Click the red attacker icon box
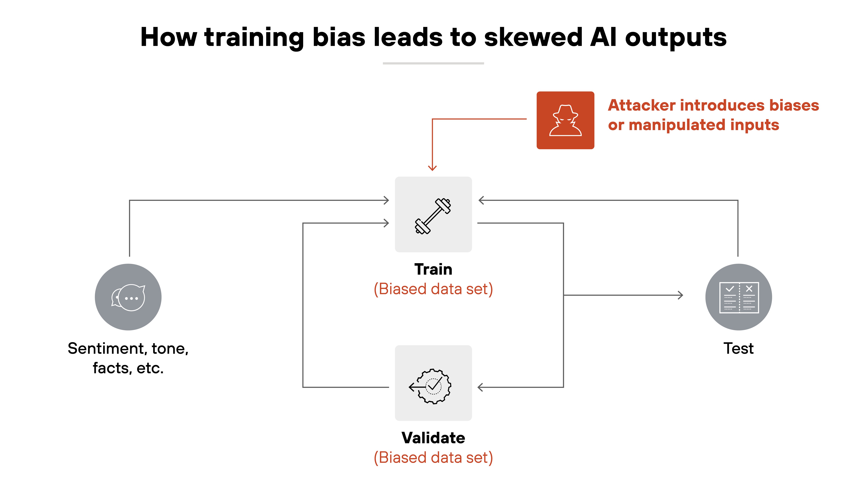click(x=565, y=120)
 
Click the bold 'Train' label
click(x=433, y=269)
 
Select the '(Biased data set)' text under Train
click(x=433, y=289)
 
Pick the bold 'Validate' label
click(x=433, y=438)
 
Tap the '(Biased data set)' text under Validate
click(x=433, y=458)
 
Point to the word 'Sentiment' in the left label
click(x=106, y=349)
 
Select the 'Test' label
click(x=739, y=349)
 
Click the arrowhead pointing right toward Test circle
click(x=680, y=295)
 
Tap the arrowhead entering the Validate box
click(x=480, y=387)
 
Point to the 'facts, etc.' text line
click(x=128, y=368)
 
